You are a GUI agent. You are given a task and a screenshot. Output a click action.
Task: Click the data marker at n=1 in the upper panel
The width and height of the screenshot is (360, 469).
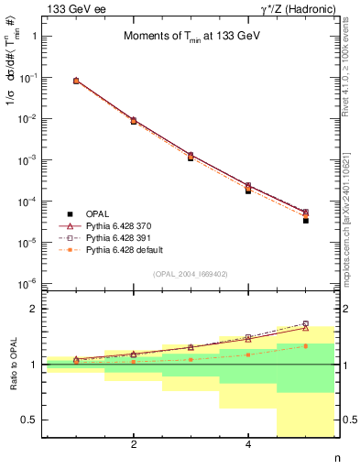coord(76,81)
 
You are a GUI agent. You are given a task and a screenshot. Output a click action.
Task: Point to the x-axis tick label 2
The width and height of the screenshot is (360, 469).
coord(134,445)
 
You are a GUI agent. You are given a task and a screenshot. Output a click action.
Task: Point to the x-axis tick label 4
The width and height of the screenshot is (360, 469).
coord(248,445)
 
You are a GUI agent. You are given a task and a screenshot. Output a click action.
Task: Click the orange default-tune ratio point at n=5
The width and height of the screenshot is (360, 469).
coord(306,345)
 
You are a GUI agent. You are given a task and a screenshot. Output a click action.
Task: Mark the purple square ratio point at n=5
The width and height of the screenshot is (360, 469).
coord(306,323)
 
